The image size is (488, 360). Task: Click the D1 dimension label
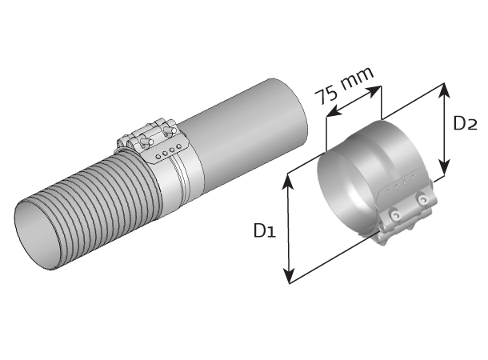pyautogui.click(x=265, y=231)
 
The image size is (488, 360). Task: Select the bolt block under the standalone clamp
pyautogui.click(x=405, y=221)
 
